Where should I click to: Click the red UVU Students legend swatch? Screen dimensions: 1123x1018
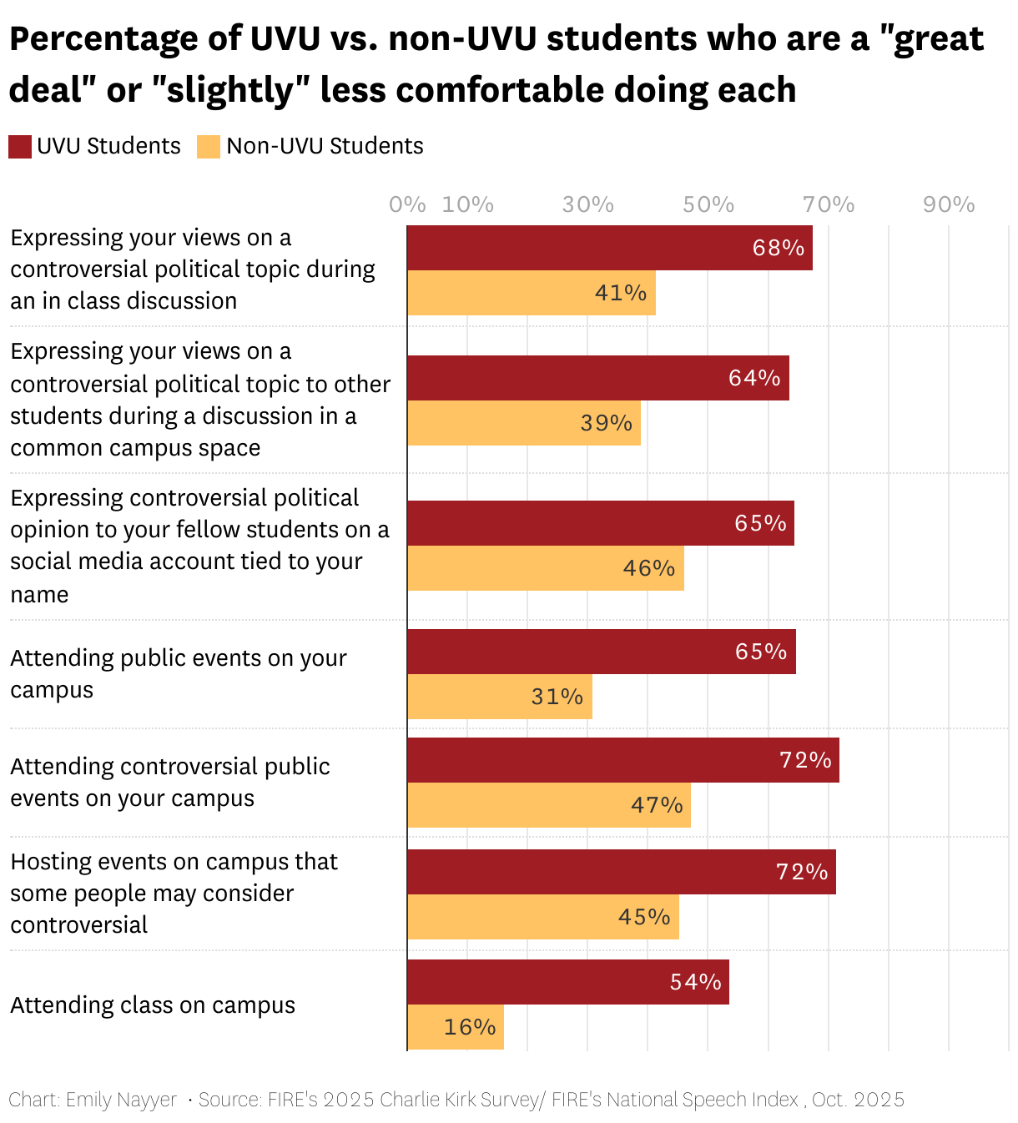[x=20, y=146]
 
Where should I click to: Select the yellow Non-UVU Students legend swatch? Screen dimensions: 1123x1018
[x=209, y=146]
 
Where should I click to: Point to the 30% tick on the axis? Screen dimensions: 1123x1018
[x=587, y=204]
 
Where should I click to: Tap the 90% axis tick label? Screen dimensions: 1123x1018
[x=949, y=204]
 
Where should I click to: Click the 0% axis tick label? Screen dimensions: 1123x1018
[x=407, y=204]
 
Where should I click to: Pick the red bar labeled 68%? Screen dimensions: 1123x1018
[x=609, y=248]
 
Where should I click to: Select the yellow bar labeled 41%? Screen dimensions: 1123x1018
[x=532, y=293]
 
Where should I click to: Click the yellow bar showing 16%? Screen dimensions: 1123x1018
[x=456, y=1027]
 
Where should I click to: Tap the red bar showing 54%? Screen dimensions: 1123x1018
[x=567, y=982]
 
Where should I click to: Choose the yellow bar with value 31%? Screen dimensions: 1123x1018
[x=500, y=697]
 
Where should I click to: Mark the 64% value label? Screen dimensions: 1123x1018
[x=754, y=378]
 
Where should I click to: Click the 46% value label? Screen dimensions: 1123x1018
[x=648, y=568]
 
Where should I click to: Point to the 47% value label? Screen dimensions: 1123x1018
[x=657, y=805]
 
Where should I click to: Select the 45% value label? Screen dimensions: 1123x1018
[x=644, y=917]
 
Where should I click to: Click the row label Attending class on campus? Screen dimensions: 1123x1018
[x=153, y=1005]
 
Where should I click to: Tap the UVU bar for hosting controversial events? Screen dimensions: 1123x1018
[x=621, y=872]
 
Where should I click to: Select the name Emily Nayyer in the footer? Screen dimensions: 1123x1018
[x=121, y=1100]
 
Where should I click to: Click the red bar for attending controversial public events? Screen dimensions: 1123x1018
[x=622, y=760]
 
